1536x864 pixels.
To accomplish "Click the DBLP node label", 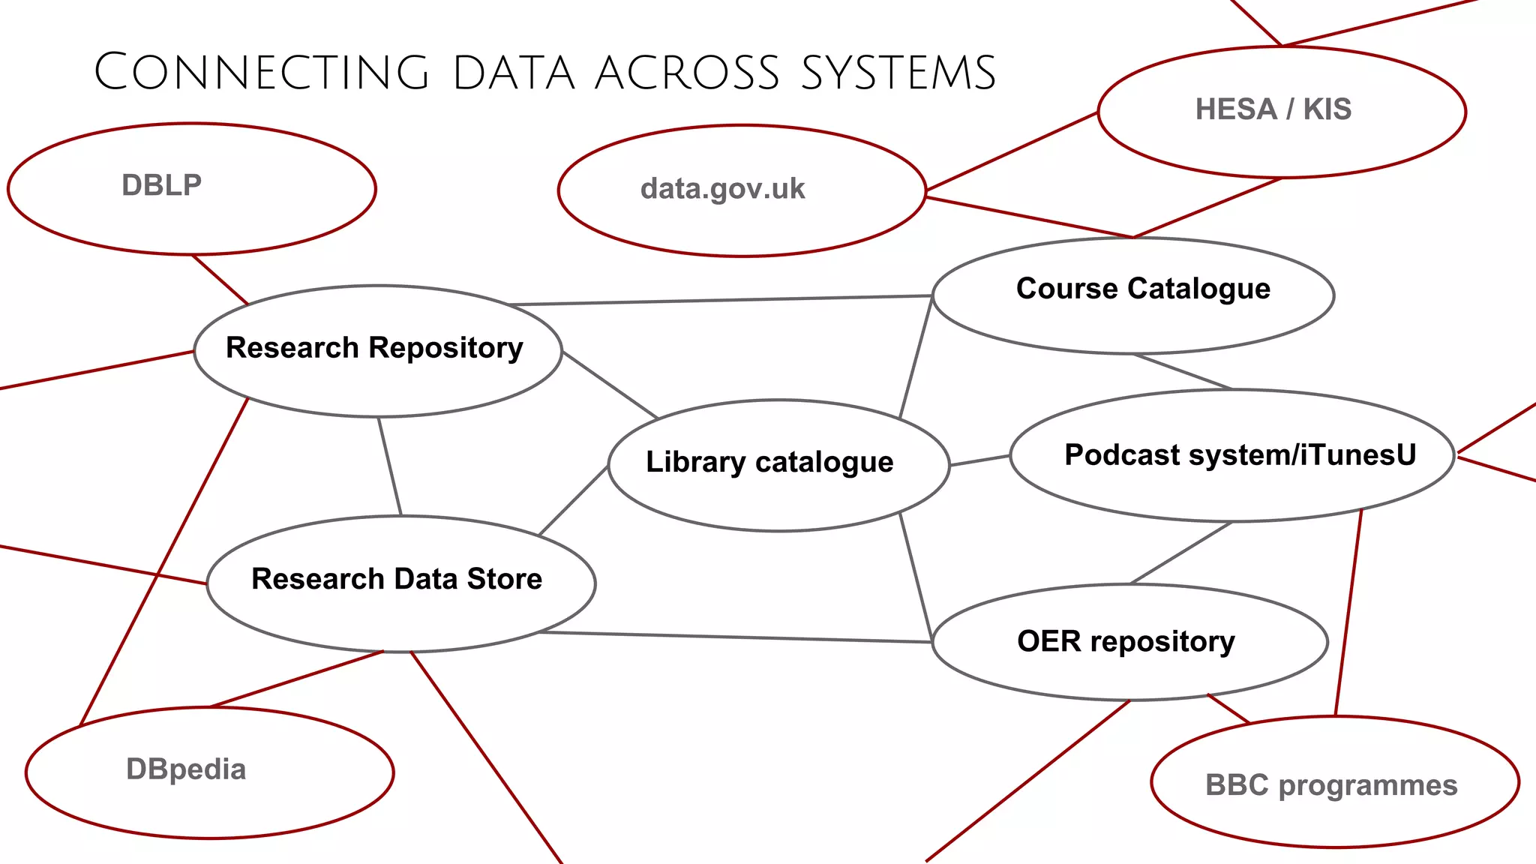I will click(x=162, y=185).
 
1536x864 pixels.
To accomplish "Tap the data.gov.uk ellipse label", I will click(x=722, y=189).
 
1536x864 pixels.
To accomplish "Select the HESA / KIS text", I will click(x=1273, y=109).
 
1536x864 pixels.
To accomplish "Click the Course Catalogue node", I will click(x=1142, y=289).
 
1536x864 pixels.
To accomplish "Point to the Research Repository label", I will click(x=374, y=348).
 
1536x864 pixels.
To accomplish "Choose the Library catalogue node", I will click(x=769, y=462).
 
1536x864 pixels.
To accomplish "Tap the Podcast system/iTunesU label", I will click(x=1240, y=455).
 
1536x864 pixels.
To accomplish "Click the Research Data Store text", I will click(x=397, y=579).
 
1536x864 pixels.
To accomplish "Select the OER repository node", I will click(x=1126, y=641).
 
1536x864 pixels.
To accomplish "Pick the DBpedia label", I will click(x=186, y=769).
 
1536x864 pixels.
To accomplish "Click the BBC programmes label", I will click(x=1331, y=785).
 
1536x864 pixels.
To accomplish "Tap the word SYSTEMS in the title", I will click(x=898, y=73).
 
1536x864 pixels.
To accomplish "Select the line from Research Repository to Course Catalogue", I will click(x=720, y=300).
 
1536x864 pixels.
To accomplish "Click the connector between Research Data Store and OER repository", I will click(x=735, y=637).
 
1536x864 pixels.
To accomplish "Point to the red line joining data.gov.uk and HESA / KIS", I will click(x=1012, y=151).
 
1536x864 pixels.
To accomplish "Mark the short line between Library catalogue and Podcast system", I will click(x=979, y=460).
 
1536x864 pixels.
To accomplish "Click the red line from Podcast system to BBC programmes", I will click(x=1348, y=611).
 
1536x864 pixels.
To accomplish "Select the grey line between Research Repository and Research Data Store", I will click(x=390, y=466).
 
